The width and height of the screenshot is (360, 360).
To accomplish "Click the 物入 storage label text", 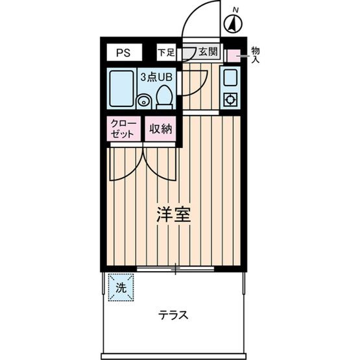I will click(x=255, y=54).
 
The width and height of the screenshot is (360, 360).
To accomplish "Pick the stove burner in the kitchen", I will click(x=230, y=100).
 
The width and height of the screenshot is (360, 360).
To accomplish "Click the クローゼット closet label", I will click(x=123, y=128).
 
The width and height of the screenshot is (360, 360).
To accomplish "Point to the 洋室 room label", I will click(x=173, y=215).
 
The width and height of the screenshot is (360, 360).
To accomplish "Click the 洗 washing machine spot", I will click(x=121, y=287).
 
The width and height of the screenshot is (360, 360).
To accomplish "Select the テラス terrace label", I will click(x=174, y=316).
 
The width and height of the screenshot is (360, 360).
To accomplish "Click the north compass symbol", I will click(x=234, y=25).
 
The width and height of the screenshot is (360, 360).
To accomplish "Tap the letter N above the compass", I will click(x=236, y=9).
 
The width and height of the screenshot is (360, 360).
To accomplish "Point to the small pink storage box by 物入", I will click(x=233, y=55).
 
